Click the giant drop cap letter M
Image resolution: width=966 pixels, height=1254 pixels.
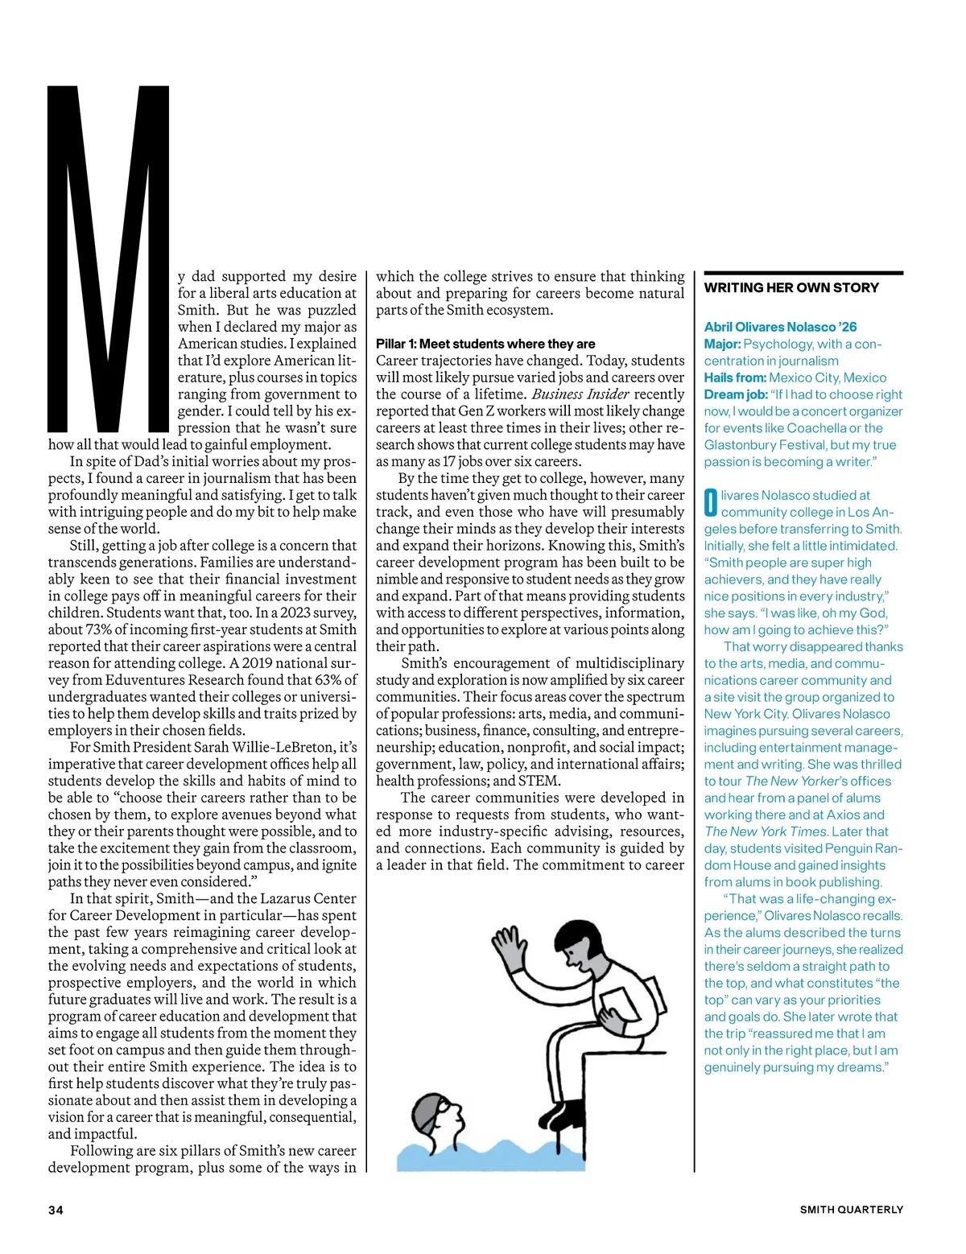click(x=109, y=258)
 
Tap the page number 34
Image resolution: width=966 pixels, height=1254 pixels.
click(x=56, y=1210)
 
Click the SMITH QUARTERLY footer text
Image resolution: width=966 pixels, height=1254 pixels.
click(x=851, y=1210)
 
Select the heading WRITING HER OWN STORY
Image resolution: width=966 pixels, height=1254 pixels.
click(x=791, y=288)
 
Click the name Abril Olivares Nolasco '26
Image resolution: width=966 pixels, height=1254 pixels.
click(x=780, y=327)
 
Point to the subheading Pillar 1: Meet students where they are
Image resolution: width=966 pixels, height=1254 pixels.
click(x=485, y=344)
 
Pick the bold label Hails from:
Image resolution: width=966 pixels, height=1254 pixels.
click(x=735, y=377)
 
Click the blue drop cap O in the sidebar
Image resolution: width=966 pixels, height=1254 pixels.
click(x=711, y=503)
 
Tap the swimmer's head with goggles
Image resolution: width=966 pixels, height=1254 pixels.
click(x=438, y=1119)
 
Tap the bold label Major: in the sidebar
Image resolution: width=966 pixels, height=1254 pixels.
click(x=722, y=344)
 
